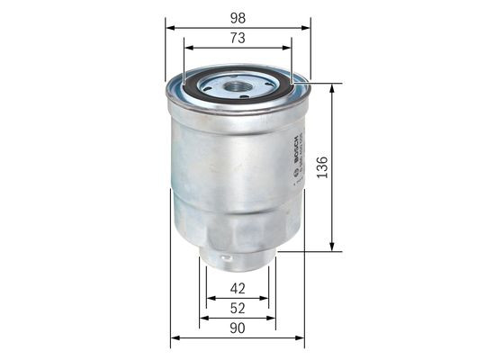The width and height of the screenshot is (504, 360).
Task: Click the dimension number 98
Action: tap(238, 18)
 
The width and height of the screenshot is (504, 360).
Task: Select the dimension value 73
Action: tap(238, 38)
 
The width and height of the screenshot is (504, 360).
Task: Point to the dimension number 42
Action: tap(238, 289)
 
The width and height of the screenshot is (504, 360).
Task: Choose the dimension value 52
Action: tap(238, 308)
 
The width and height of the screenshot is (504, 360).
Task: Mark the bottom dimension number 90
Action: tap(238, 328)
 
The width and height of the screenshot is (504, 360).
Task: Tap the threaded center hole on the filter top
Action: tap(238, 86)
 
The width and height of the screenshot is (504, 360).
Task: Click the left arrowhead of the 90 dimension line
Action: tap(174, 338)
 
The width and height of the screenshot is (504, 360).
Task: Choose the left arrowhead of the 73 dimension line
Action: tap(186, 48)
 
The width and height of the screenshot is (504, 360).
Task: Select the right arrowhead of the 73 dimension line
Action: tap(290, 48)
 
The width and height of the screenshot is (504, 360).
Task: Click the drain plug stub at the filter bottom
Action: tap(237, 260)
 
